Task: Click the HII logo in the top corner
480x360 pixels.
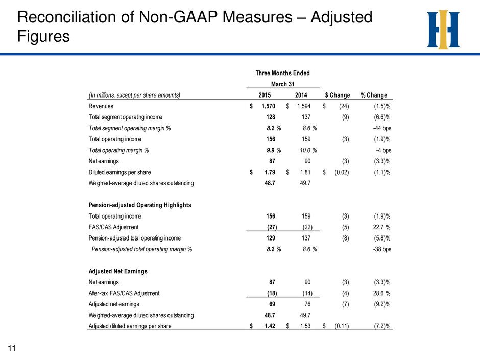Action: (x=443, y=30)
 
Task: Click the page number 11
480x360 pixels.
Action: (x=12, y=348)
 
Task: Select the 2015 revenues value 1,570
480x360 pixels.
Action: (x=268, y=106)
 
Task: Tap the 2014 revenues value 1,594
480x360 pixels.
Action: (x=304, y=106)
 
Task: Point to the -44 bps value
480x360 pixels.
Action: (x=382, y=128)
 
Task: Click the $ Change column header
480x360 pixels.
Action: (x=338, y=95)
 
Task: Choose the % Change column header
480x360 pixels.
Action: (x=374, y=95)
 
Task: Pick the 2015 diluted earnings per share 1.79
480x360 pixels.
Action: (x=270, y=173)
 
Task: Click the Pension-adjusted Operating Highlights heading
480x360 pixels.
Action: (x=140, y=205)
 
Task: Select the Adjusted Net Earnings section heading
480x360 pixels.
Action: (x=118, y=271)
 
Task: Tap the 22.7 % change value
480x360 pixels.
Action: (x=381, y=227)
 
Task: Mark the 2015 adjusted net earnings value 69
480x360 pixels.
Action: (x=272, y=304)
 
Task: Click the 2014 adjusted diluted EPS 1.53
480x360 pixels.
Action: (x=305, y=326)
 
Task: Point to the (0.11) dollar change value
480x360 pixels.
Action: (x=342, y=326)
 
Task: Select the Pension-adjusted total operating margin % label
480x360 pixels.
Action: (x=142, y=249)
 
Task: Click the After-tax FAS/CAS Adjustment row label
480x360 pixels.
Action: (x=124, y=293)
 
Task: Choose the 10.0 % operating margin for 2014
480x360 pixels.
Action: (x=308, y=150)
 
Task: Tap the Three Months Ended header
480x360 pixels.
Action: (x=282, y=73)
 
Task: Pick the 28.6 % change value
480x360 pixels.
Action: (x=381, y=293)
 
